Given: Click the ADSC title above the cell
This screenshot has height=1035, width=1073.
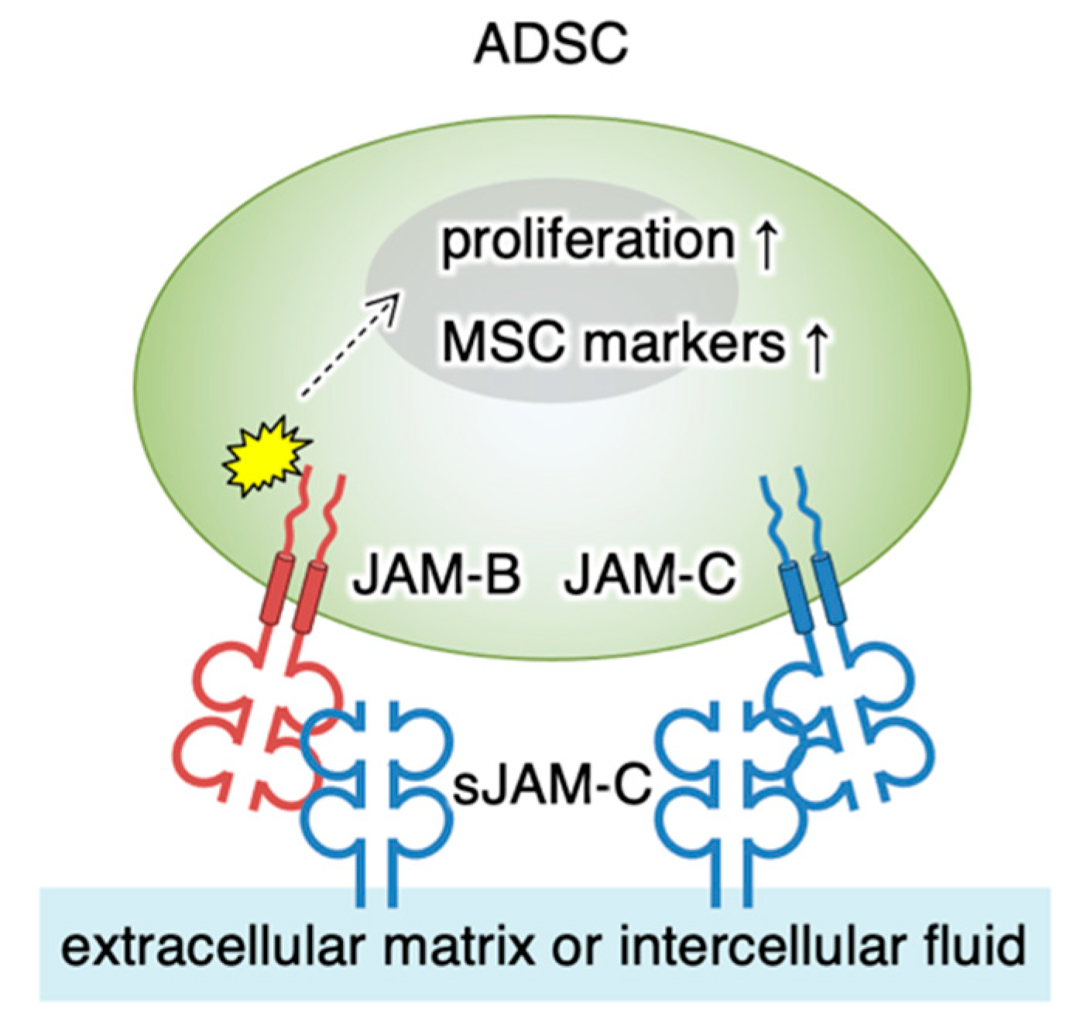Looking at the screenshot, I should [550, 44].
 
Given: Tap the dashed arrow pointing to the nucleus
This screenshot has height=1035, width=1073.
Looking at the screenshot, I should [350, 344].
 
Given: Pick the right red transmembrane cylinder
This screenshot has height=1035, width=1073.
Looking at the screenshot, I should [310, 597].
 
